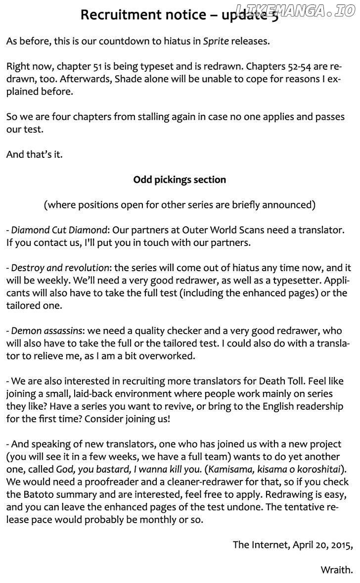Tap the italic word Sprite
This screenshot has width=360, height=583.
[216, 41]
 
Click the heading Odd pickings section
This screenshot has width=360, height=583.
[180, 180]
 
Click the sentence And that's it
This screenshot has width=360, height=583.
[35, 154]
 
